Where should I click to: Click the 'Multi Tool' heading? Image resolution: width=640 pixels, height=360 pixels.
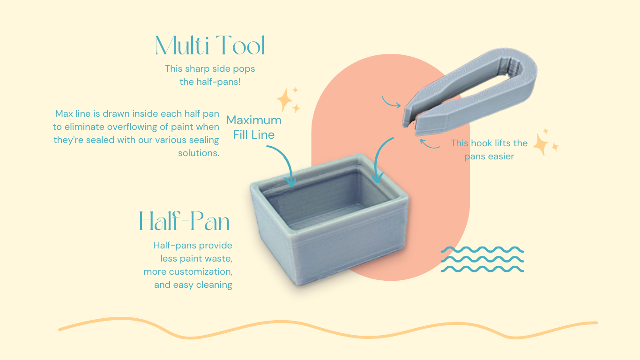(x=210, y=45)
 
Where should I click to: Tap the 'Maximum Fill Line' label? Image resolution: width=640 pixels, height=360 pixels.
(x=254, y=127)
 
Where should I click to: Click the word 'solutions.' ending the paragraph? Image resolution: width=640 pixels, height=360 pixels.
(x=199, y=153)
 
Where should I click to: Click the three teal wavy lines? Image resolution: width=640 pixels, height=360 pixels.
(x=482, y=259)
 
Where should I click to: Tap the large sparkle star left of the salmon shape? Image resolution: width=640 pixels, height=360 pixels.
(x=284, y=100)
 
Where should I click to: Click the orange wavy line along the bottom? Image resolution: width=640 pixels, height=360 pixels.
(x=328, y=329)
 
